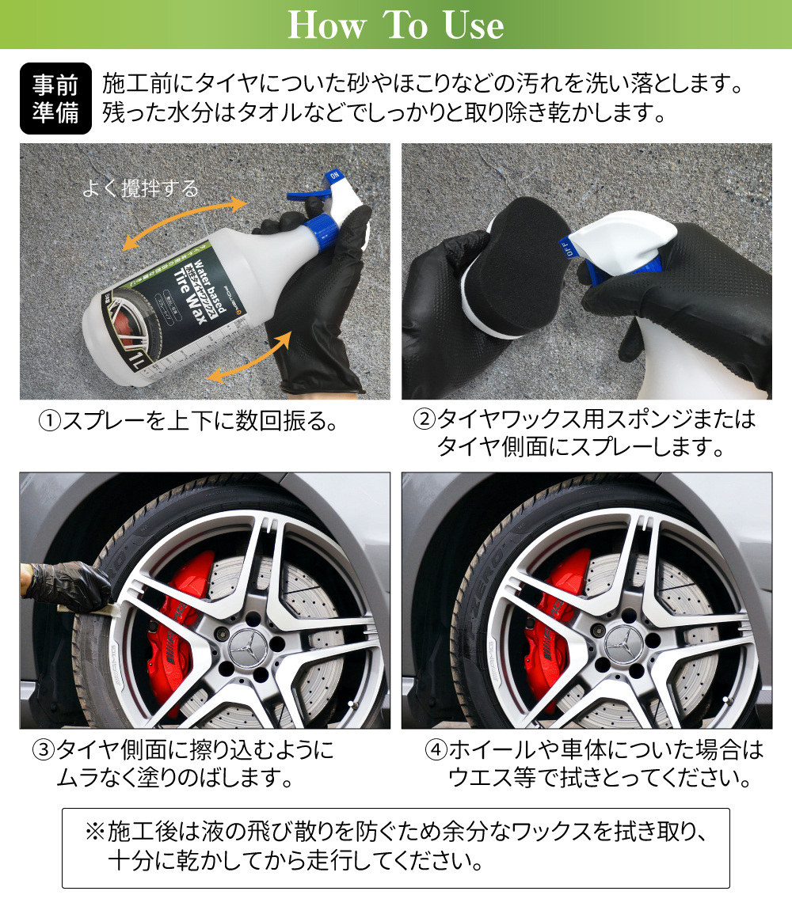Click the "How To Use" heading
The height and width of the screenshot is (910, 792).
pos(396,25)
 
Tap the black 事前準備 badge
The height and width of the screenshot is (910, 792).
pos(55,99)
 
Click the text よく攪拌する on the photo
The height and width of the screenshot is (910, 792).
pos(140,188)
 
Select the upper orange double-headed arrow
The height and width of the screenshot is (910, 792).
pos(185,222)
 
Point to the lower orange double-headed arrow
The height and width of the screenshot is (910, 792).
pos(249,358)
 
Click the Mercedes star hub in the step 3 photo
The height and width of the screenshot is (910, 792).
pos(248,647)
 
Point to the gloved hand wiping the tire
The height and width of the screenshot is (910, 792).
pos(66,586)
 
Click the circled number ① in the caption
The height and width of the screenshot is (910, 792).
pos(49,421)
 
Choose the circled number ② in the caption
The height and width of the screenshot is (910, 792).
pos(425,419)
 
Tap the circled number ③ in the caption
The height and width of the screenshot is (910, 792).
pos(44,750)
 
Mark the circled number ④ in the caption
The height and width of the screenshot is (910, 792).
pos(436,750)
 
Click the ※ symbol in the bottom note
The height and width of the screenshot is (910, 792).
pos(95,832)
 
